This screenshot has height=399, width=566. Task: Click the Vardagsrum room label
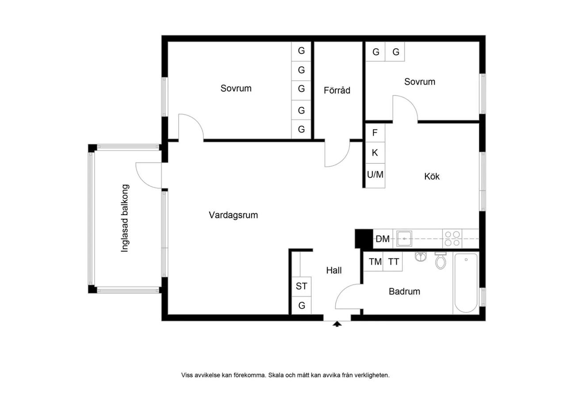[233, 215]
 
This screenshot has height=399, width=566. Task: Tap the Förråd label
[337, 90]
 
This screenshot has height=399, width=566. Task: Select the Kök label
[432, 176]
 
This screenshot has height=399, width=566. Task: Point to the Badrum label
[404, 291]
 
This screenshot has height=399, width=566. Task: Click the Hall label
[334, 271]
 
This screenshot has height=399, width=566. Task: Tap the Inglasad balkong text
[125, 218]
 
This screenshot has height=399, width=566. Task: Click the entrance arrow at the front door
[337, 324]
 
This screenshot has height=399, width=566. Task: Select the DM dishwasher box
[383, 239]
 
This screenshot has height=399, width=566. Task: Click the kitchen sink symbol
[404, 239]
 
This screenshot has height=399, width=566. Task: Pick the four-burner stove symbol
[452, 239]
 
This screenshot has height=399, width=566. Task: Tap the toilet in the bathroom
[440, 260]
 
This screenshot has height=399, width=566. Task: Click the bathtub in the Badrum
[466, 283]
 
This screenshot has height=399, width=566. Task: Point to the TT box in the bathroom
[393, 262]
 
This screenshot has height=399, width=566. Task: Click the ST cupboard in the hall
[302, 286]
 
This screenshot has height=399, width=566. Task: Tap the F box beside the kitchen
[375, 133]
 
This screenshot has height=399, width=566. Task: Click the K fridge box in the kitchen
[375, 153]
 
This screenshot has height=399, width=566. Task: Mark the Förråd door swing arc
[343, 160]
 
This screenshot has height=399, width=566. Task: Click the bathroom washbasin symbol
[421, 256]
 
